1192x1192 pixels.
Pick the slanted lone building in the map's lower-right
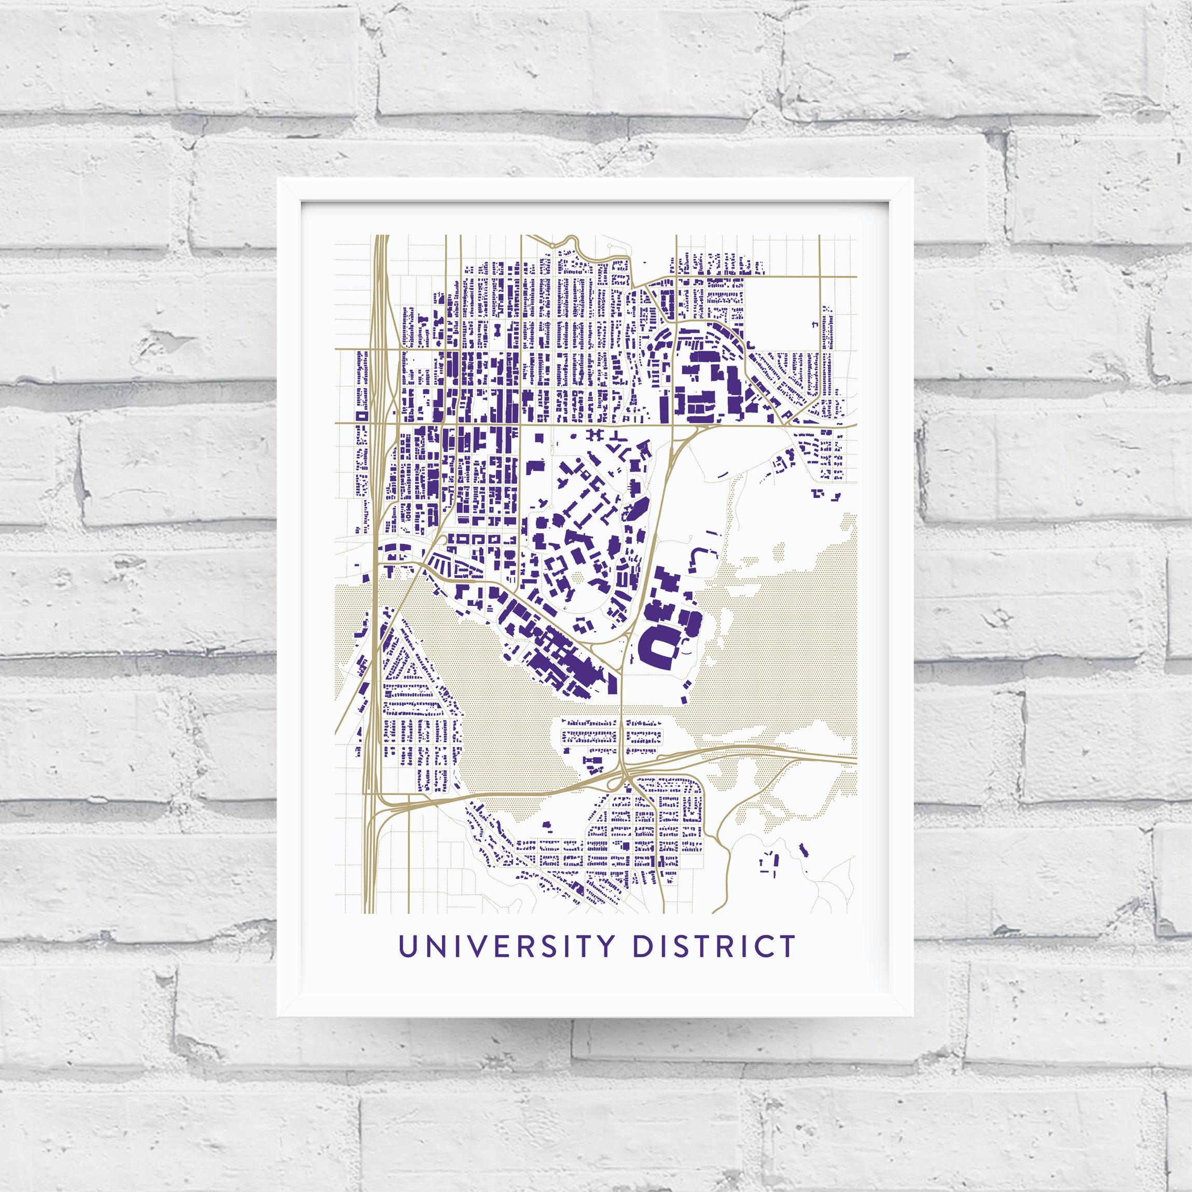coord(803,850)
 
